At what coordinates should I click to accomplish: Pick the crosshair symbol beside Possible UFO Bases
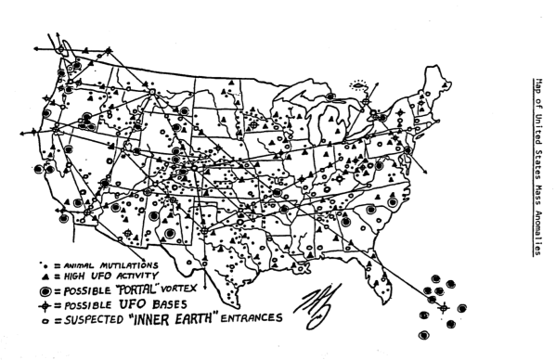(42, 305)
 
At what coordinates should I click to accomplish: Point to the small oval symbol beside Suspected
(42, 320)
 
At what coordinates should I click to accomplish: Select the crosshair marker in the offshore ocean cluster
(443, 307)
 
